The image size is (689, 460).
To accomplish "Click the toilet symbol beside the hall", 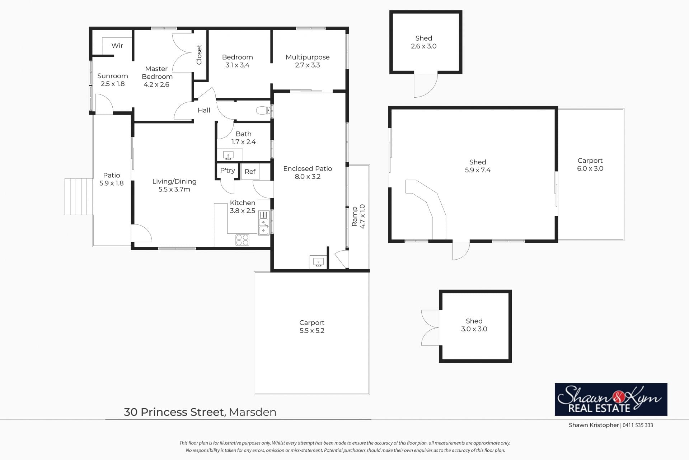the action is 263,110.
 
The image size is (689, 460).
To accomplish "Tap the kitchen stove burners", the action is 242,240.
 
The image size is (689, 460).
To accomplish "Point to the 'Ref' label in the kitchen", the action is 250,172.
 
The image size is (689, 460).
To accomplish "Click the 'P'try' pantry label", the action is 228,171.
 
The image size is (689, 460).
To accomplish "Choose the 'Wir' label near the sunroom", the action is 117,46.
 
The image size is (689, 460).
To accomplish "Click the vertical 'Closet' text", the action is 199,55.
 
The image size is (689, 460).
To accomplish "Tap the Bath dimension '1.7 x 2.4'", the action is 243,142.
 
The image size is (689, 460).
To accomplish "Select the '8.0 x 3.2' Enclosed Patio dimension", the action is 308,176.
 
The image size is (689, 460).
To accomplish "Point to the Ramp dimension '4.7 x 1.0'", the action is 362,216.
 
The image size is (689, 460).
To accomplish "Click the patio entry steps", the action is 79,196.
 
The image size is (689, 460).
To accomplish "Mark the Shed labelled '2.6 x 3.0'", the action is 426,42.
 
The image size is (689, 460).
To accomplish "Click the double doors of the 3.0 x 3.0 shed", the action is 430,327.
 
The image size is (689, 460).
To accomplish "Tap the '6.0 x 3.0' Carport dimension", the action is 590,168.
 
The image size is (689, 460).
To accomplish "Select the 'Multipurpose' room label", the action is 308,57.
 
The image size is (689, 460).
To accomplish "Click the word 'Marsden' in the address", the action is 253,412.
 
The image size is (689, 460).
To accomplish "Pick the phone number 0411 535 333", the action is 638,425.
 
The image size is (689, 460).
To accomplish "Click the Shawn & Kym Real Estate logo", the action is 611,399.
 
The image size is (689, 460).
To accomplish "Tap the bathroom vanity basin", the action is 228,155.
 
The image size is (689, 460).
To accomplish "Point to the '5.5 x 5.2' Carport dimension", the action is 312,331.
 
